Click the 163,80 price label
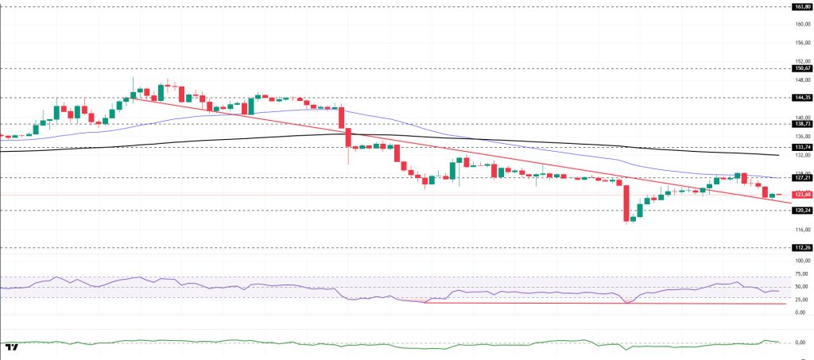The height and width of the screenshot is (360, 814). [x=801, y=6]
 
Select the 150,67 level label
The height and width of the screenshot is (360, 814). [x=801, y=68]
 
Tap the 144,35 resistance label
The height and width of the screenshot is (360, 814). [x=801, y=98]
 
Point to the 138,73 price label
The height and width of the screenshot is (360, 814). [x=801, y=124]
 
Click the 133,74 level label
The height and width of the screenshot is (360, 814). [x=801, y=147]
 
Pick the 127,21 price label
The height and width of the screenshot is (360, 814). [x=801, y=177]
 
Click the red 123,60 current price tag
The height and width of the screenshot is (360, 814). [x=801, y=195]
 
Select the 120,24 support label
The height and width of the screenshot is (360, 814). [x=801, y=211]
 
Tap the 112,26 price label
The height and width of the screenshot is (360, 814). [x=801, y=247]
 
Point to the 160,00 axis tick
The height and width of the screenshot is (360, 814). [x=801, y=24]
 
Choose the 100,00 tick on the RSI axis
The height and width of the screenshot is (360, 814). [x=801, y=261]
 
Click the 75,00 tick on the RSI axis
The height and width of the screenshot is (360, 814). [x=801, y=273]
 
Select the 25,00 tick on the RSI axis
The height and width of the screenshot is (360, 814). [x=801, y=300]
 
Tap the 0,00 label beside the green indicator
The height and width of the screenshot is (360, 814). [x=801, y=343]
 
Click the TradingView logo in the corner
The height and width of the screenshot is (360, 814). [x=11, y=347]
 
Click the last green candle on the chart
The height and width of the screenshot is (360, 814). [x=771, y=195]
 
